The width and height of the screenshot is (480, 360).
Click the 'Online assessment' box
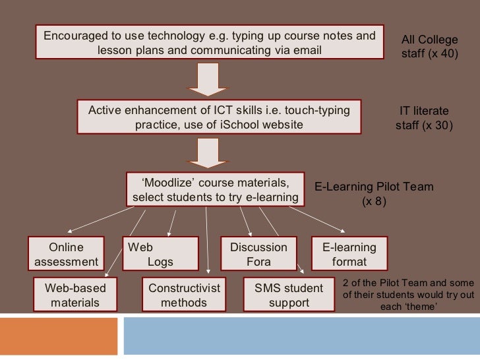[66, 254]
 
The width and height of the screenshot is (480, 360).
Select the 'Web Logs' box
[160, 254]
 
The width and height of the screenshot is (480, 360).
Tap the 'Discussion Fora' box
[258, 254]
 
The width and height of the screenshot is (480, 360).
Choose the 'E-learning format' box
[349, 254]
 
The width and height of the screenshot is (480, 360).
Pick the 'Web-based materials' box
[75, 295]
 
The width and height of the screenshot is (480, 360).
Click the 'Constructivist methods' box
[184, 295]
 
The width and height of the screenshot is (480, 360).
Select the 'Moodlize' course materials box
[216, 190]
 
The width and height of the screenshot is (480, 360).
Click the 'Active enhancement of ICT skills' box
[219, 117]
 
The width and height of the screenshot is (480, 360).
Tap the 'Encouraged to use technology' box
[210, 43]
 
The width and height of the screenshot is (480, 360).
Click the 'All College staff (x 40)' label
[429, 47]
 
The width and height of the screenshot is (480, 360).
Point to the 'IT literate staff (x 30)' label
[425, 118]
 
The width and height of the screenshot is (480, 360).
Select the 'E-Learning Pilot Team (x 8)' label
[374, 194]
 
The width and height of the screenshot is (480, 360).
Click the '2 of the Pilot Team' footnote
[409, 295]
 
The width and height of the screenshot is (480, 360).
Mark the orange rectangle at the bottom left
[58, 338]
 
